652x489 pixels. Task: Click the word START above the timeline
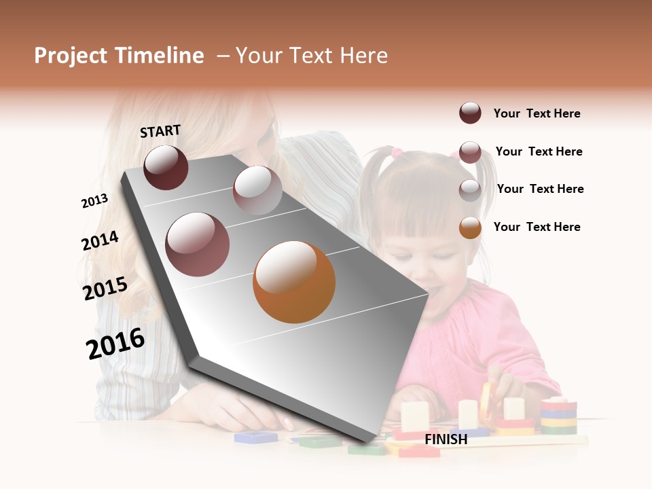click(160, 131)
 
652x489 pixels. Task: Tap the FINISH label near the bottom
click(446, 439)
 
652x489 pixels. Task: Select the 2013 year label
click(94, 201)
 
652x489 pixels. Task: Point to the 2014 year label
click(100, 240)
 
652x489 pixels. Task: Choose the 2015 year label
click(105, 289)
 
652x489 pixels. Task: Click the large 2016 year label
click(115, 343)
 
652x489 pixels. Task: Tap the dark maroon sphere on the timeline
click(166, 167)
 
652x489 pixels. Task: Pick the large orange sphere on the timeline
click(294, 282)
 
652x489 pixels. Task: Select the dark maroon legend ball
click(470, 113)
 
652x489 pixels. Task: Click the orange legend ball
click(470, 228)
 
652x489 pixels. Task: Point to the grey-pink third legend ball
click(470, 190)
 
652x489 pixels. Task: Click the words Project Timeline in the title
click(119, 56)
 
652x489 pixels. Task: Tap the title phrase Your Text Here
click(312, 56)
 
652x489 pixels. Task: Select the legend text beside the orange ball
click(537, 227)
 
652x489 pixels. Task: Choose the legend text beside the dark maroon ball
click(537, 113)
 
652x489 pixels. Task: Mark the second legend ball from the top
click(470, 152)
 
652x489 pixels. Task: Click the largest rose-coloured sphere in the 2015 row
click(198, 244)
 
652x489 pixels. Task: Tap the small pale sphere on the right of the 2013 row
click(257, 190)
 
